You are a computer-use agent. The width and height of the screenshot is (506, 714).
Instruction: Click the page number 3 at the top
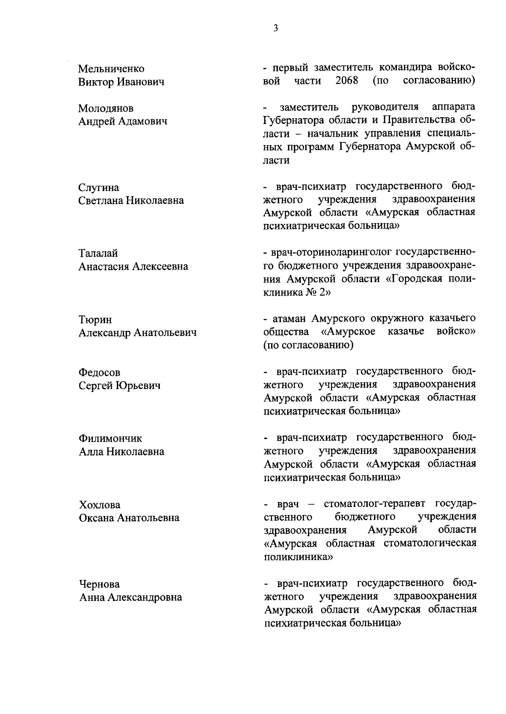coord(275,28)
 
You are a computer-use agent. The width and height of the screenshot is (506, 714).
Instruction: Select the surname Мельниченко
coord(111,69)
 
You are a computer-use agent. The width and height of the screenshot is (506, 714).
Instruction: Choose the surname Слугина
coord(99,188)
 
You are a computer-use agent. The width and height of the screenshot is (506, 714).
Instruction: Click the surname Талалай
coord(98,253)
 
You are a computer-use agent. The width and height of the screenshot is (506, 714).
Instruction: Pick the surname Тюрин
coord(95,320)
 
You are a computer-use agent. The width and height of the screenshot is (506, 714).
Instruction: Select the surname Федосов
coord(100,372)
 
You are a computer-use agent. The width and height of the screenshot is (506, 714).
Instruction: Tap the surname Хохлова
coord(100,505)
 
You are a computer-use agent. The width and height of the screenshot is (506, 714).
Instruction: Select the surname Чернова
coord(100,584)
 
